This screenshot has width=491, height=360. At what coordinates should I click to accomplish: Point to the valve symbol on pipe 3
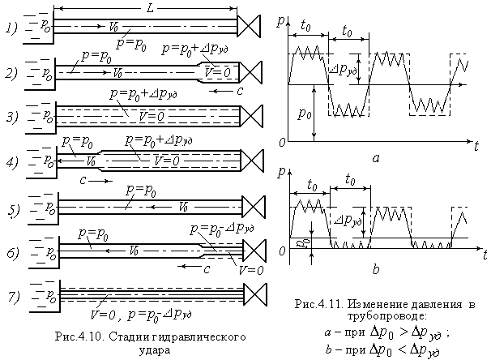250,115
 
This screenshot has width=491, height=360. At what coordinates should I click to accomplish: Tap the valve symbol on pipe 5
250,204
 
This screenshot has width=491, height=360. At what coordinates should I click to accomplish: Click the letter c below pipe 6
206,268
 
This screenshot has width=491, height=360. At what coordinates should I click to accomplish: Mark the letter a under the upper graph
375,159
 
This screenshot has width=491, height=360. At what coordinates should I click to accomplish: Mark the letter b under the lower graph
376,268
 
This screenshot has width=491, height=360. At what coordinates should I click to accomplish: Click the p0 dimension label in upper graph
305,113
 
